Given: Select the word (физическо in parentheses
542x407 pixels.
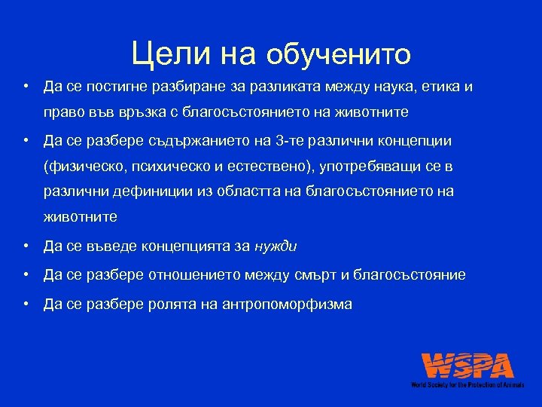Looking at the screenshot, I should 81,166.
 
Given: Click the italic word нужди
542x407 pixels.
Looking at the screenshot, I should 276,245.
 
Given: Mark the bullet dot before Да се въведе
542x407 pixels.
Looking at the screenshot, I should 26,245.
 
